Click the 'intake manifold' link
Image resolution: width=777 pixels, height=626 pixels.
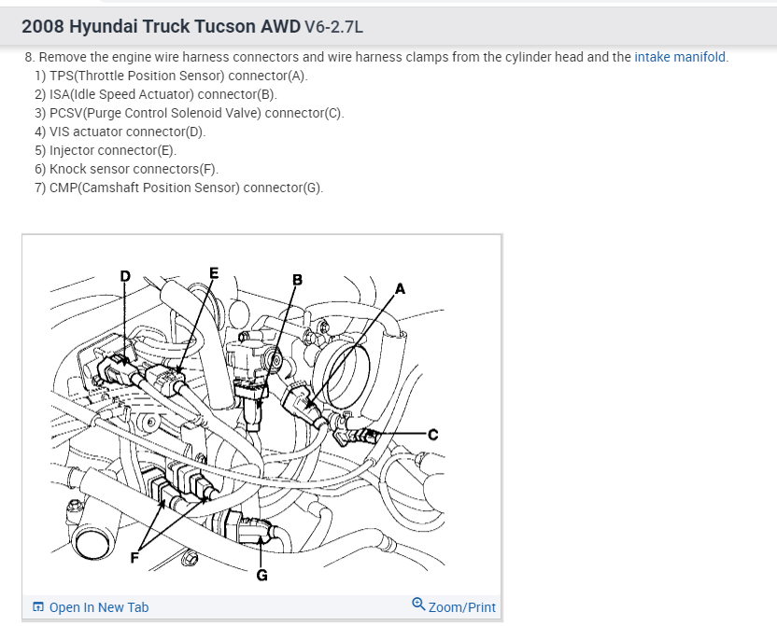tap(680, 57)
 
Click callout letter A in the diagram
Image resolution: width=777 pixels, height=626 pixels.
tap(401, 288)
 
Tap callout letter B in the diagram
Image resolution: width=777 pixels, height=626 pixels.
tap(298, 279)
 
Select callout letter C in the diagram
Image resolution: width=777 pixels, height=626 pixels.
tap(432, 434)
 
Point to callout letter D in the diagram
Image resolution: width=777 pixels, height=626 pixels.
tap(125, 275)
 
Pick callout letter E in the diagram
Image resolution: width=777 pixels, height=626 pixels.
tap(214, 273)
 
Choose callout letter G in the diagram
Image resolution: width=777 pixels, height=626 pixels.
tap(261, 576)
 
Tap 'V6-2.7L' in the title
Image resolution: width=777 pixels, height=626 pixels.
tap(333, 27)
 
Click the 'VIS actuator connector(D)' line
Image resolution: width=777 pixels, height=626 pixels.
tap(127, 132)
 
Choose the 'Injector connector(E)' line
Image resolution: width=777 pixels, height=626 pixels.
tap(112, 150)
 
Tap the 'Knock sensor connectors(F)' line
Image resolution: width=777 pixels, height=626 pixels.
tap(134, 169)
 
